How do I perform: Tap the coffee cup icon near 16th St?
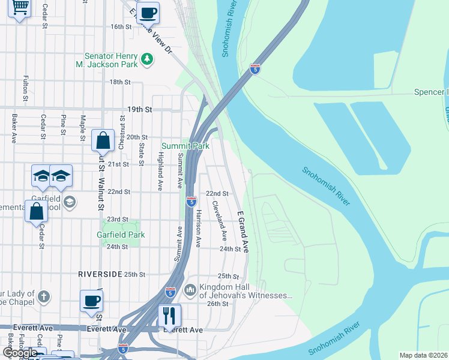[x=148, y=11]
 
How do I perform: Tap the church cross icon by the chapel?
[x=44, y=296]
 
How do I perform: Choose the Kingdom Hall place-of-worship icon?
[x=191, y=291]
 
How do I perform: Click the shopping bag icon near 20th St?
[x=103, y=140]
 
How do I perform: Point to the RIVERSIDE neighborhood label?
[x=99, y=274]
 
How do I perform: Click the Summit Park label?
[x=185, y=146]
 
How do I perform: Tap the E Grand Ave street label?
[x=243, y=231]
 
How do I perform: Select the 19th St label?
[x=139, y=110]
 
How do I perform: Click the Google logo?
[x=20, y=353]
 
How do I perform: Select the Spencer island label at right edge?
[x=431, y=92]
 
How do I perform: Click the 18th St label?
[x=119, y=82]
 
